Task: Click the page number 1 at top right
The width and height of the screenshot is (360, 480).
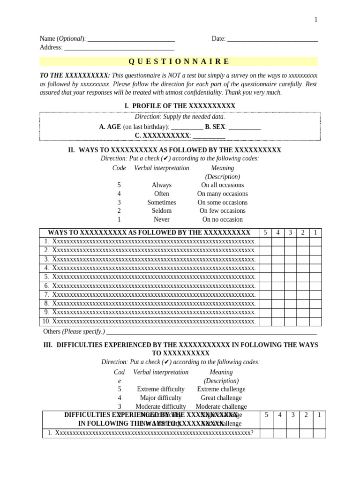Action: [316, 20]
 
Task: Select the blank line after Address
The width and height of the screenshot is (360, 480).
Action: [119, 48]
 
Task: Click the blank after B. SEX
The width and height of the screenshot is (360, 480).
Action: [245, 127]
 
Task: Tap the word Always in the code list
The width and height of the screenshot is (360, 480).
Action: [162, 185]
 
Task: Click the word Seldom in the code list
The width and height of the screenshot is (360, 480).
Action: [162, 211]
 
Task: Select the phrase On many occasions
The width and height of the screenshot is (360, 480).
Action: [222, 194]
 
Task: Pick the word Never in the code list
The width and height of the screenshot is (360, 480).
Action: [162, 219]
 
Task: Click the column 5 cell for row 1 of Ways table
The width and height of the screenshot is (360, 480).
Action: [265, 241]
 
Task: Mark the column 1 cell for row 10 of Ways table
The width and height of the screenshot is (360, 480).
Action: [315, 322]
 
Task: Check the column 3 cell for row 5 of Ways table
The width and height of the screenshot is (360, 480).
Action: [291, 277]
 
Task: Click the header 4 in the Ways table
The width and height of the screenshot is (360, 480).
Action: [278, 232]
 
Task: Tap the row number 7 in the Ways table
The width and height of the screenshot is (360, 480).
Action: [46, 295]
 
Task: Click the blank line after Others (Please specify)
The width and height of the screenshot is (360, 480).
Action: [211, 332]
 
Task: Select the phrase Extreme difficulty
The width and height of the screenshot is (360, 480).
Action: [161, 389]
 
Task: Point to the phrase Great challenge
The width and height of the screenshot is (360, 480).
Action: [221, 398]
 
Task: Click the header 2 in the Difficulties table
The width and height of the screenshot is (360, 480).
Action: [306, 415]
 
